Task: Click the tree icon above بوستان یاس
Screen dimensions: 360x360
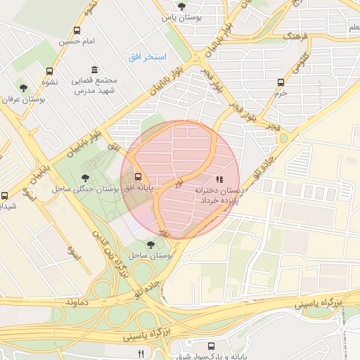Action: [x=182, y=6]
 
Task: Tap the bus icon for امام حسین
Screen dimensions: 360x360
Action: [x=77, y=31]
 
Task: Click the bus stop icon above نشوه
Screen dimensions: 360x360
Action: [x=49, y=71]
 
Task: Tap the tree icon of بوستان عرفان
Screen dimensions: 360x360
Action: [x=24, y=89]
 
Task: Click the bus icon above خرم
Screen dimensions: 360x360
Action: [x=281, y=82]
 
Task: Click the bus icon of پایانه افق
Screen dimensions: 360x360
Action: [x=138, y=176]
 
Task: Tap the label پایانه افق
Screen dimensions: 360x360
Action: [x=139, y=190]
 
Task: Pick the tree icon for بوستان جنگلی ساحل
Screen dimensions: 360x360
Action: [x=86, y=177]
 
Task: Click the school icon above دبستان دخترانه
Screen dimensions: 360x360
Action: [x=219, y=179]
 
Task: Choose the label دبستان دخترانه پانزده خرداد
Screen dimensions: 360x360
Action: [x=219, y=195]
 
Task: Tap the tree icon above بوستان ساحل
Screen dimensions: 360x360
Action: [x=150, y=244]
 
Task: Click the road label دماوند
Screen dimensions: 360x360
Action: [x=79, y=300]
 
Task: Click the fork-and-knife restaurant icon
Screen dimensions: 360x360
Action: [x=141, y=353]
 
